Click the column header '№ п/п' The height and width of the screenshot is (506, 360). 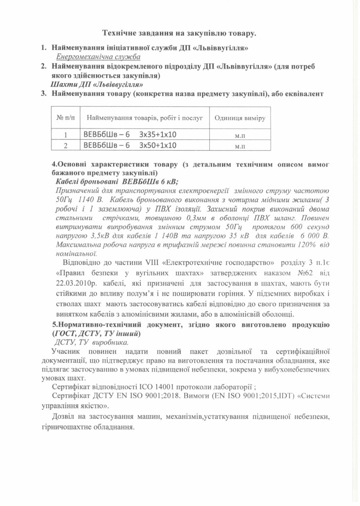(66, 119)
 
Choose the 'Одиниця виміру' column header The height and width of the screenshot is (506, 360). (240, 119)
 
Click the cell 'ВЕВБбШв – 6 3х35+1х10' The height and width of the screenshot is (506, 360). (130, 134)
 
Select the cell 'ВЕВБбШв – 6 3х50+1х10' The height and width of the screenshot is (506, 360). (130, 145)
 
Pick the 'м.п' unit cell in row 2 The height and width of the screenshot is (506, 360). (240, 146)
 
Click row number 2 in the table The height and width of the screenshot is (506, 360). (66, 146)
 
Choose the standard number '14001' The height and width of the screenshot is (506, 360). (161, 386)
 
